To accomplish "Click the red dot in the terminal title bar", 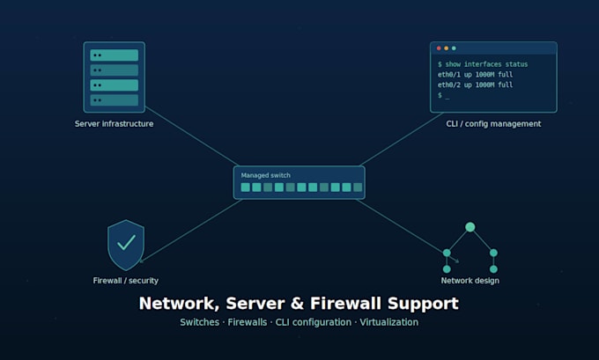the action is click(439, 48).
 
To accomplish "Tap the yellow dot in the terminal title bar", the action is click(447, 48).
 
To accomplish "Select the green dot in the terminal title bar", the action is click(454, 48).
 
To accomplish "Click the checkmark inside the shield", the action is click(126, 242).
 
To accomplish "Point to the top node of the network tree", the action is click(470, 227).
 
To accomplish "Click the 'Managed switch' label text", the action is click(265, 175).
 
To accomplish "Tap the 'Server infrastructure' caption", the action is click(114, 124).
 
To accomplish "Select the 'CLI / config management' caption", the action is click(493, 124).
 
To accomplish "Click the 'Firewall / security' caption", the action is click(126, 281).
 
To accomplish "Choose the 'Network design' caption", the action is click(470, 281).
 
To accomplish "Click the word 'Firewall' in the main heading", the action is click(345, 304).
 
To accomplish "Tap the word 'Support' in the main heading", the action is click(424, 305).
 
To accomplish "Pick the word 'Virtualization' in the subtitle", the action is click(388, 322).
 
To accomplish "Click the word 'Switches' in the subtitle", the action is click(199, 322).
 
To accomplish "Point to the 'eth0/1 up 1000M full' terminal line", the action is click(475, 75).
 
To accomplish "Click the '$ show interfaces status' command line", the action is click(483, 64).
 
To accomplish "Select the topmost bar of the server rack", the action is click(115, 55).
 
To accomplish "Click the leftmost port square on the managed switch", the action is click(246, 187).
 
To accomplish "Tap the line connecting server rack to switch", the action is click(192, 136).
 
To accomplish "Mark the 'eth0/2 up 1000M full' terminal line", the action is click(475, 84).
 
